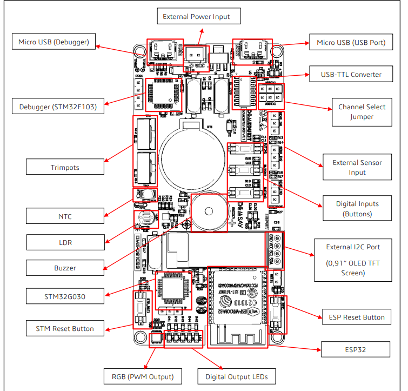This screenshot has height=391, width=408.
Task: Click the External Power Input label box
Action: click(x=196, y=17)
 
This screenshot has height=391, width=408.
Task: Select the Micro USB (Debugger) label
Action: click(x=53, y=42)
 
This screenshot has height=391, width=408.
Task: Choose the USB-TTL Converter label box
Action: click(x=351, y=75)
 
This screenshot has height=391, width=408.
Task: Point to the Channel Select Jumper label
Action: click(x=362, y=111)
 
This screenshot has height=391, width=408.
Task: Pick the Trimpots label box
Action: click(x=65, y=167)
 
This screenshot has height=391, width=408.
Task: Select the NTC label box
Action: click(x=65, y=217)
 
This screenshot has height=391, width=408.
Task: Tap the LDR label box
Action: click(x=65, y=243)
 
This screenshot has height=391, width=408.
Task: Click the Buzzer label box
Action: click(x=65, y=268)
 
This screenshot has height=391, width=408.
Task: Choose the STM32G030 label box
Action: click(x=65, y=295)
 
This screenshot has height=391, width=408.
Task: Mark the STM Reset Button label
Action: click(x=65, y=328)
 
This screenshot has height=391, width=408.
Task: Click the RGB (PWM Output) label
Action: click(x=143, y=376)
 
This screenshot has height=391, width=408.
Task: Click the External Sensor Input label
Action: click(x=357, y=167)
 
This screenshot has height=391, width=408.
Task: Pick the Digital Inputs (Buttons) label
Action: click(x=357, y=209)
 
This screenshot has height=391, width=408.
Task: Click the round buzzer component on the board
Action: click(x=208, y=211)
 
